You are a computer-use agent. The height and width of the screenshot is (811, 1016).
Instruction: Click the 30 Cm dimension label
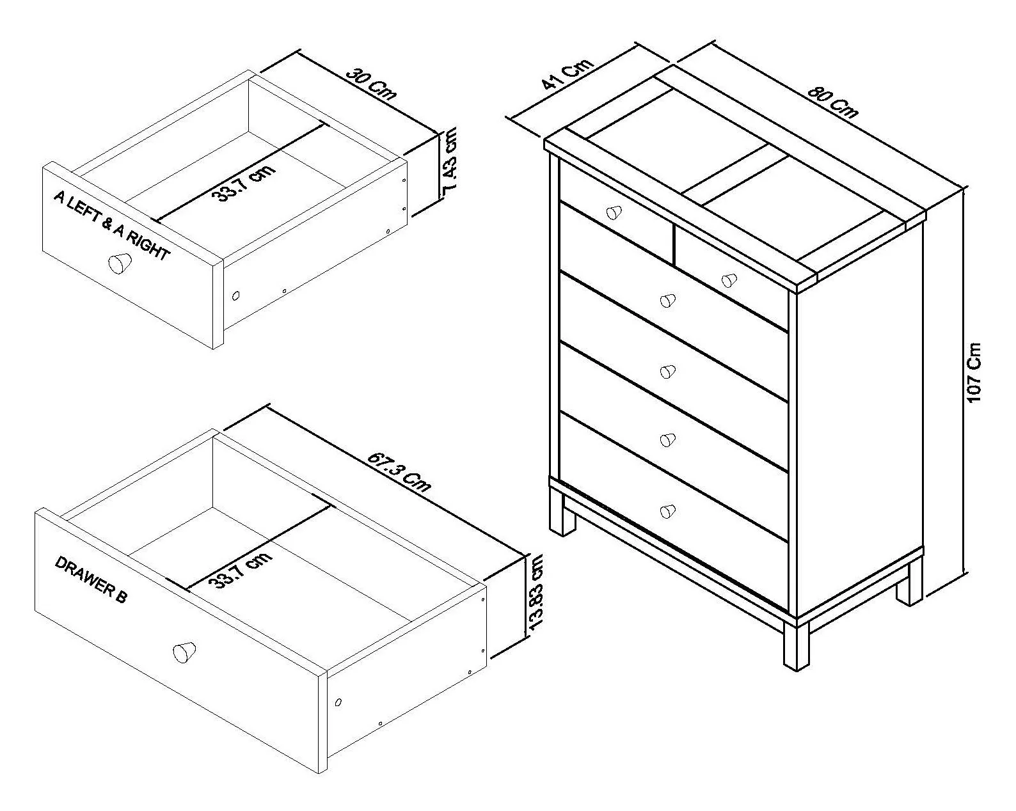[x=372, y=84]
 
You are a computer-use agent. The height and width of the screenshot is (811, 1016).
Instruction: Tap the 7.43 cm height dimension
[x=450, y=159]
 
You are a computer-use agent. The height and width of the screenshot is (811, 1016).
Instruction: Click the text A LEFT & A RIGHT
[x=111, y=226]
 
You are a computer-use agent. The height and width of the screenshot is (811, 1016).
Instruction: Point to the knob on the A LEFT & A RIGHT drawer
[x=120, y=262]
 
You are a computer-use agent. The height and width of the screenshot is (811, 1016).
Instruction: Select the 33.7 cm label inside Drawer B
[x=240, y=570]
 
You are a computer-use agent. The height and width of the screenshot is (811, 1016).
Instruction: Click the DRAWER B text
[x=91, y=579]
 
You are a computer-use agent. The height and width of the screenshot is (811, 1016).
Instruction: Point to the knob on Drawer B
[x=184, y=652]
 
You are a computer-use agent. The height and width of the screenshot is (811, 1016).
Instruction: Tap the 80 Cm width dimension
[x=833, y=101]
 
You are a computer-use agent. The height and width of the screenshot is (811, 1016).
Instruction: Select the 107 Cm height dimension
[x=974, y=373]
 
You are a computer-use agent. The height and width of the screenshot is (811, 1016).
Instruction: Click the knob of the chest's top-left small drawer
[x=614, y=212]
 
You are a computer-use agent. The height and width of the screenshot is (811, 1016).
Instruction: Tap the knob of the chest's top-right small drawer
[x=729, y=280]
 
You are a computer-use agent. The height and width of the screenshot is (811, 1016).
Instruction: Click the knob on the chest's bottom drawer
[x=667, y=511]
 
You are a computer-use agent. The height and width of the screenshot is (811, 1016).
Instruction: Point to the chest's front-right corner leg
[x=797, y=647]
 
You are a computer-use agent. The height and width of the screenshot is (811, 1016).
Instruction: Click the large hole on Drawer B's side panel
[x=338, y=702]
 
